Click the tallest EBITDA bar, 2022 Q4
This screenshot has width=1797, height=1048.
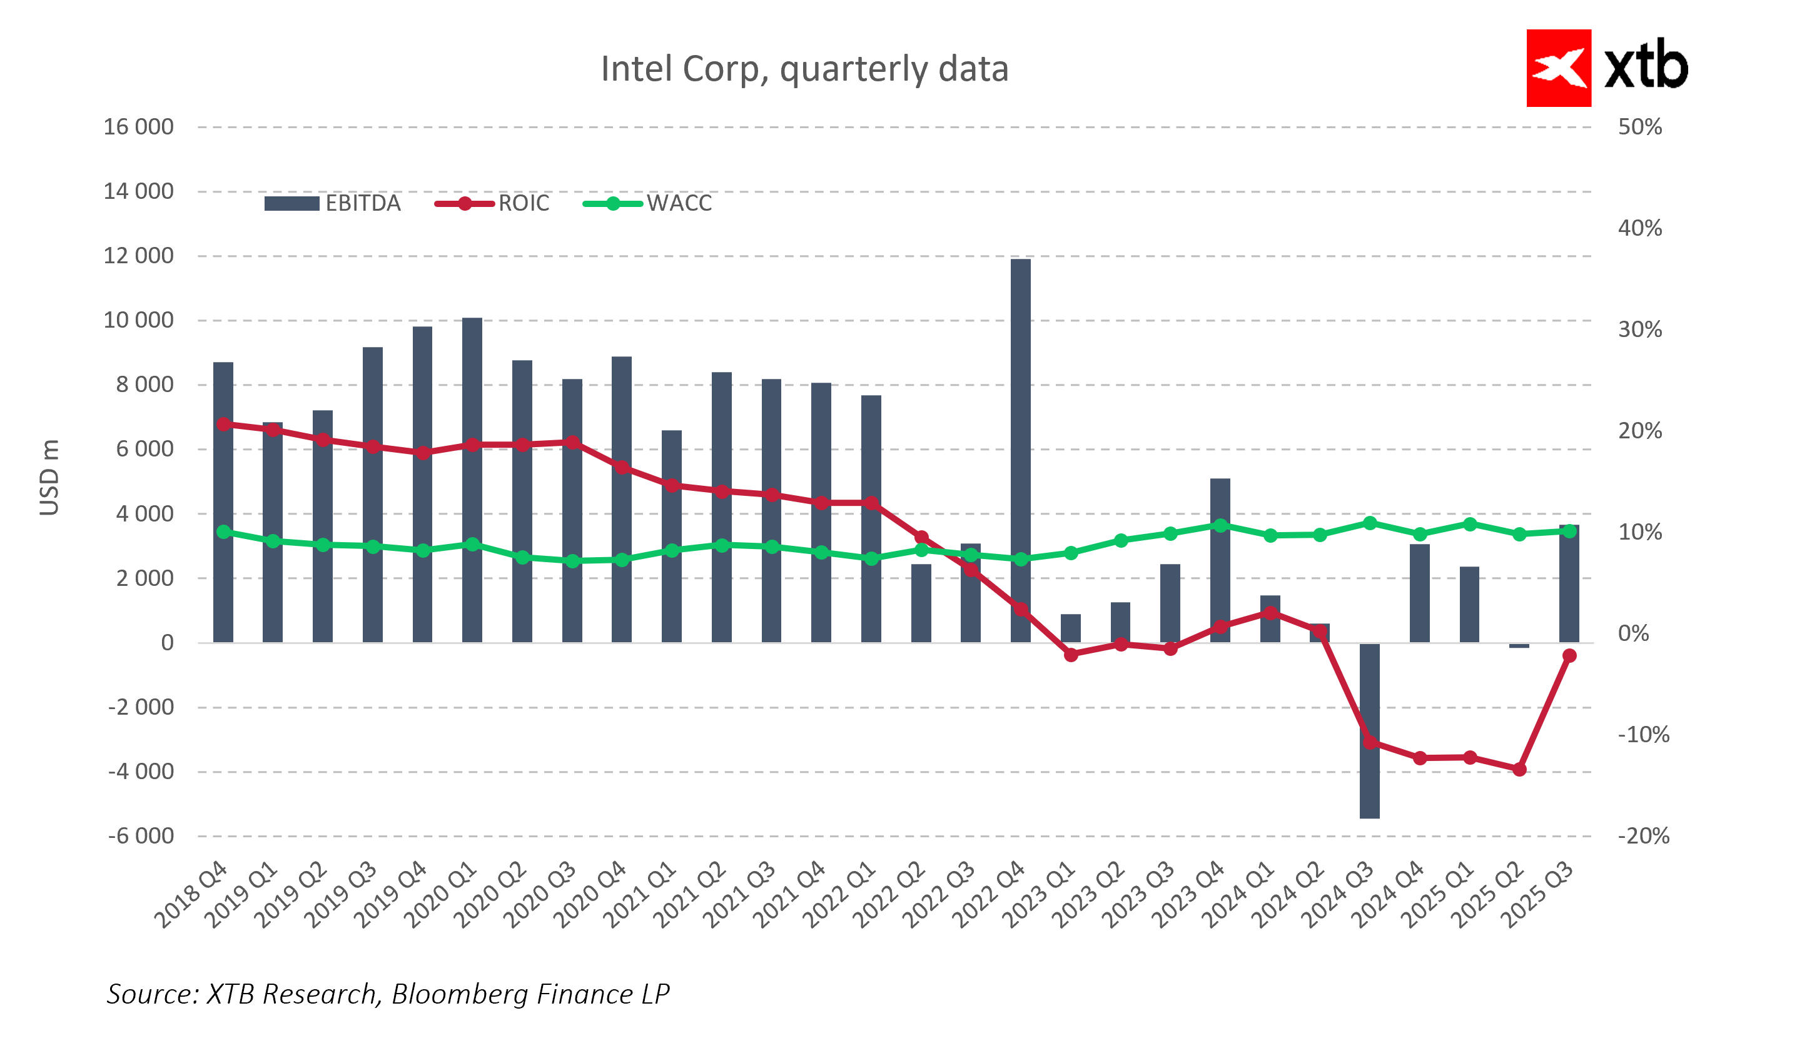1020,449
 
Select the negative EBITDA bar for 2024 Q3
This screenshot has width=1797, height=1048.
1369,731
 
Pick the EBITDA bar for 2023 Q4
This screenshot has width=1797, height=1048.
1220,560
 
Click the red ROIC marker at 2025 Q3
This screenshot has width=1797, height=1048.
1569,655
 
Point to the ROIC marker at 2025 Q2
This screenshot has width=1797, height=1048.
1520,769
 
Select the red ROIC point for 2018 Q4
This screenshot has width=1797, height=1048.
223,424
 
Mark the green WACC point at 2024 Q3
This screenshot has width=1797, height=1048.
1370,523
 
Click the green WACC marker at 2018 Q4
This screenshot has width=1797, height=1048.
223,532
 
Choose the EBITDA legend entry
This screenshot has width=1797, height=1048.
332,204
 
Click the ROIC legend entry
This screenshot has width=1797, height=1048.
493,204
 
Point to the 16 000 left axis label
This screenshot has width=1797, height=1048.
138,127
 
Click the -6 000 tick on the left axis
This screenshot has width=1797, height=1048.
141,835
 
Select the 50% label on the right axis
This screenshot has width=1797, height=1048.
1640,127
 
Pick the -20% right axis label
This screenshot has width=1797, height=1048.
1643,835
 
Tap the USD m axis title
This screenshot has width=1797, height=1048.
49,477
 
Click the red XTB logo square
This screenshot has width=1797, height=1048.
1559,68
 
